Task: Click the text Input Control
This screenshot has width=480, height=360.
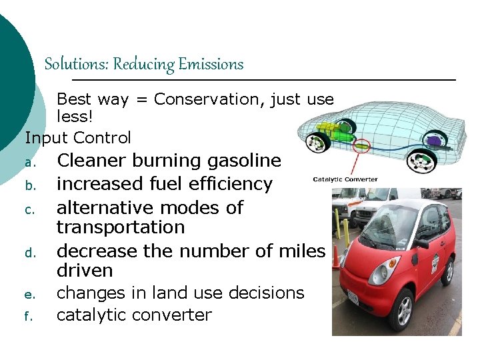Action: coord(78,138)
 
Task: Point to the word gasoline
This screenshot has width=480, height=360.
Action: coord(245,161)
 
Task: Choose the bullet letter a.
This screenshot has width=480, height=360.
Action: coord(29,163)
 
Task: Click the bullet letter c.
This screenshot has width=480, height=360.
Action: coord(29,209)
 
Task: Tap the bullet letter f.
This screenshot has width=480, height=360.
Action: coord(29,317)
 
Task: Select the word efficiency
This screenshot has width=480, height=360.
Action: coord(233,184)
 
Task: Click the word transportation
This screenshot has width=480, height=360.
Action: coord(121,227)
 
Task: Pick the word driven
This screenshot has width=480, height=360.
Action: coord(85,271)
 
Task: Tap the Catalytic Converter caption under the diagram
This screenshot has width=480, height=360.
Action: coord(345,179)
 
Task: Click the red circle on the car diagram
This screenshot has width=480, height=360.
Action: coord(361,143)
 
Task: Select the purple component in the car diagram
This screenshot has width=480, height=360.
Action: coord(434,140)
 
